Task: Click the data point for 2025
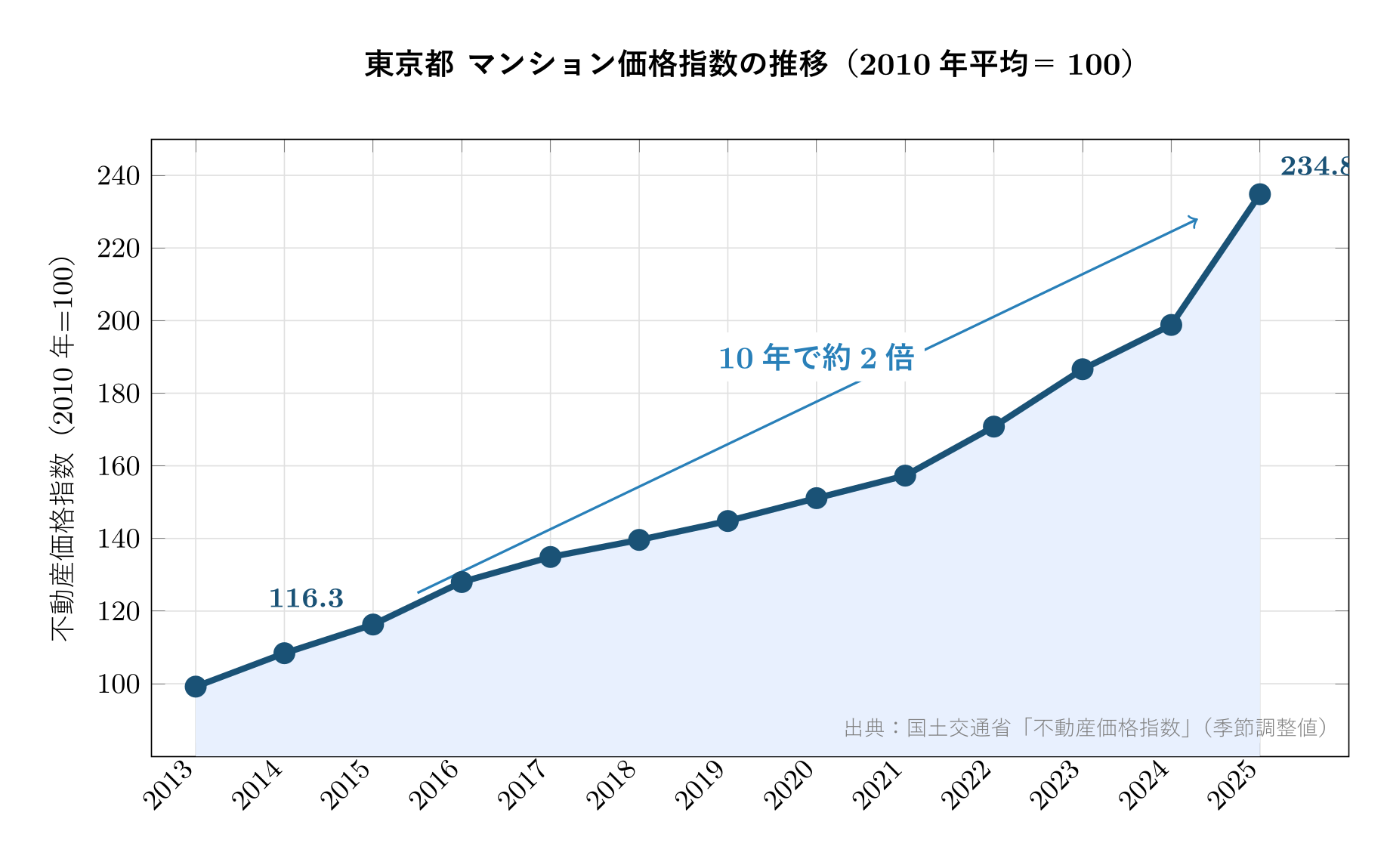[1259, 194]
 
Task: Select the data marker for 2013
[196, 686]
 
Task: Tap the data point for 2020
[816, 498]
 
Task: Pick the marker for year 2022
[993, 427]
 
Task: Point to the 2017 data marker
[550, 557]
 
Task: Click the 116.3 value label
[306, 598]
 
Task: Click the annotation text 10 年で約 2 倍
[816, 358]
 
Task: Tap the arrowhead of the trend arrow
[1194, 220]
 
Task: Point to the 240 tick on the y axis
[119, 176]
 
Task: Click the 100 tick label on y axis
[119, 684]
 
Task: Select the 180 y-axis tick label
[119, 394]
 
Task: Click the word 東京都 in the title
[409, 65]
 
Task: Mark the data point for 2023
[1082, 369]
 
